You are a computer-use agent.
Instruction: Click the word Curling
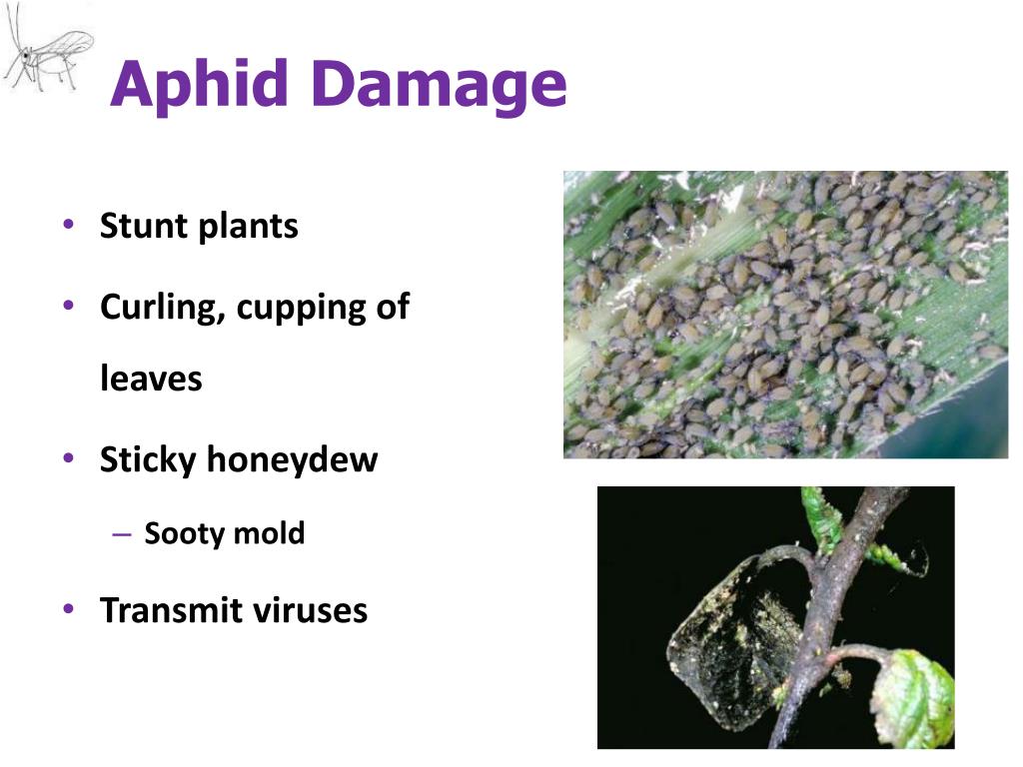point(163,308)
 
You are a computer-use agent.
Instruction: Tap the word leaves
point(151,379)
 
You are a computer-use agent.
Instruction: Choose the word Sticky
point(149,459)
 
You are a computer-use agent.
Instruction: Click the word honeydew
point(293,459)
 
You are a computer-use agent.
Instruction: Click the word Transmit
point(165,610)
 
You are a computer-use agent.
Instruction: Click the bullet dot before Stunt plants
point(67,225)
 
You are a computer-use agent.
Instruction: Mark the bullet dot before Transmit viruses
point(67,608)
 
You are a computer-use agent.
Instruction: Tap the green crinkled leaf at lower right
point(913,693)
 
